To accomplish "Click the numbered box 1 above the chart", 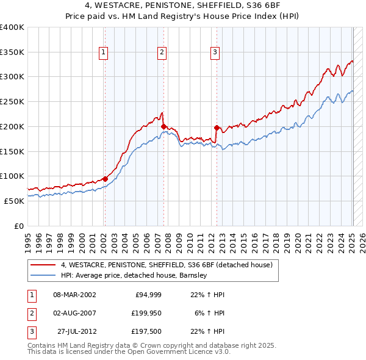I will pyautogui.click(x=104, y=53).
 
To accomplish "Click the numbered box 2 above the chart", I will pyautogui.click(x=162, y=53).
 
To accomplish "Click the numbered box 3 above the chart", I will pyautogui.click(x=215, y=53).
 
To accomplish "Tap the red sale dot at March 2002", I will pyautogui.click(x=105, y=179).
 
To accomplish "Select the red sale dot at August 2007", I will pyautogui.click(x=163, y=126).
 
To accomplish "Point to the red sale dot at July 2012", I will pyautogui.click(x=217, y=128).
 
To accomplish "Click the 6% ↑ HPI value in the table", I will pyautogui.click(x=210, y=313).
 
